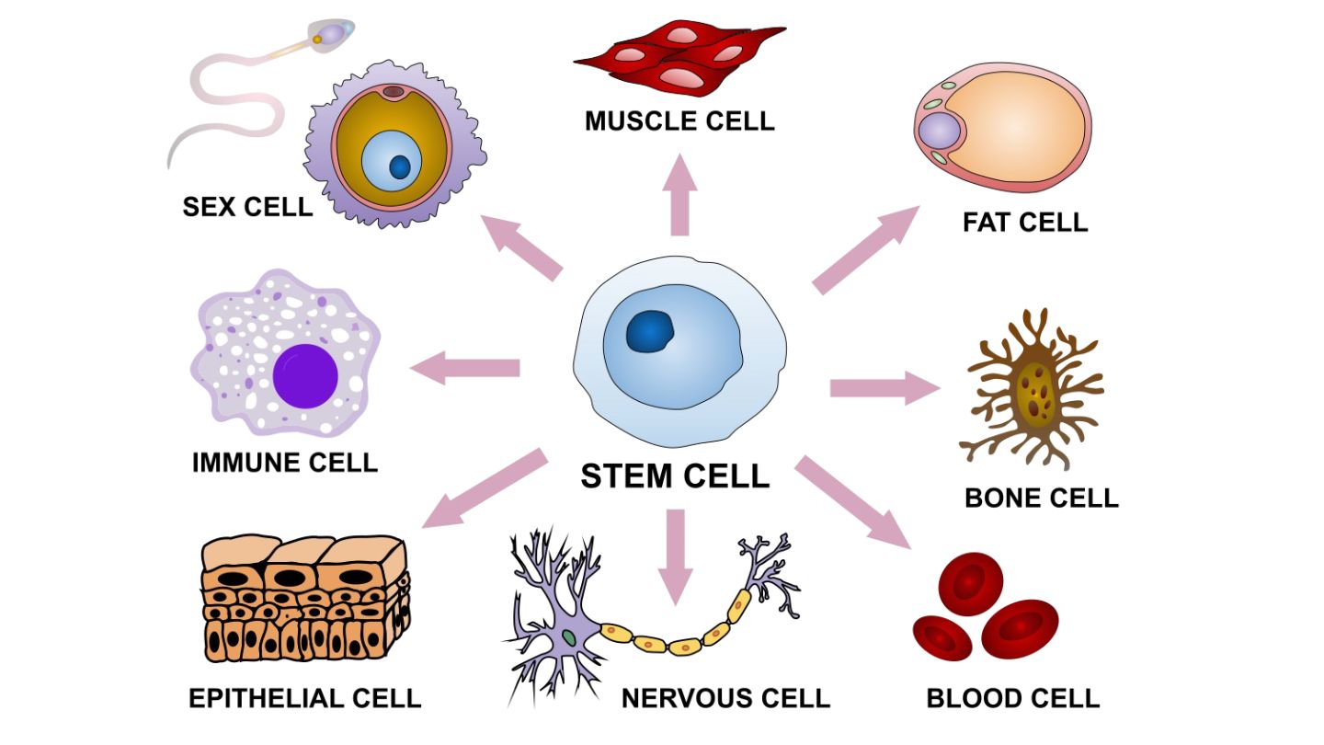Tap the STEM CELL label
(675, 476)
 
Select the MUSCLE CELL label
(679, 120)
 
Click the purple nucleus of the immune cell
(305, 375)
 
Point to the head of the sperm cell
(335, 35)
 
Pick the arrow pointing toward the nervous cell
(677, 556)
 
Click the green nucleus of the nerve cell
(570, 636)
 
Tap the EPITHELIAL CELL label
(304, 697)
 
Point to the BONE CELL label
(1041, 498)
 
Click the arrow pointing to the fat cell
(865, 250)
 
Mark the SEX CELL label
(247, 206)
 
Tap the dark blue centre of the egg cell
(400, 166)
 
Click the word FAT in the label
(988, 222)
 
